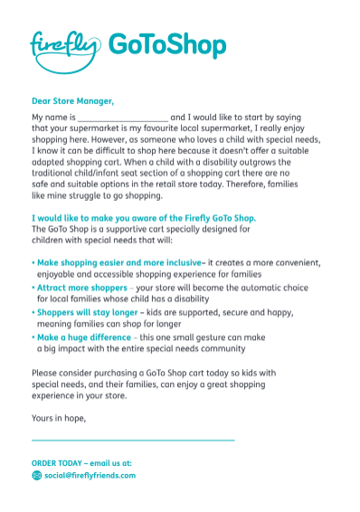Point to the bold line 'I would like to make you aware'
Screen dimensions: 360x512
click(x=144, y=218)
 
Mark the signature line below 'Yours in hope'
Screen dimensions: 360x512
click(x=133, y=440)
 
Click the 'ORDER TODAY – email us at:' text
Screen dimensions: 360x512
click(x=81, y=462)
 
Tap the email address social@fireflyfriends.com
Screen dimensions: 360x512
click(x=90, y=475)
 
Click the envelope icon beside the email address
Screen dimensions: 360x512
click(x=36, y=475)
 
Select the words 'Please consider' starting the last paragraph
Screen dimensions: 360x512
click(x=62, y=373)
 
